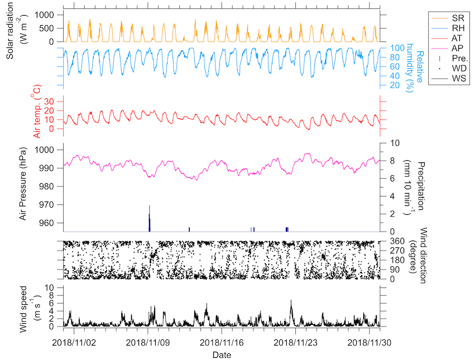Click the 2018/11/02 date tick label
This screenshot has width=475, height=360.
coord(74,342)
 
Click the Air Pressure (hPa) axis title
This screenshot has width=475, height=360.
coord(23,184)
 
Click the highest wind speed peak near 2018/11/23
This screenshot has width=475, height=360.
coord(291,301)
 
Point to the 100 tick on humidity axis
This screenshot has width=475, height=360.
coord(390,49)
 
